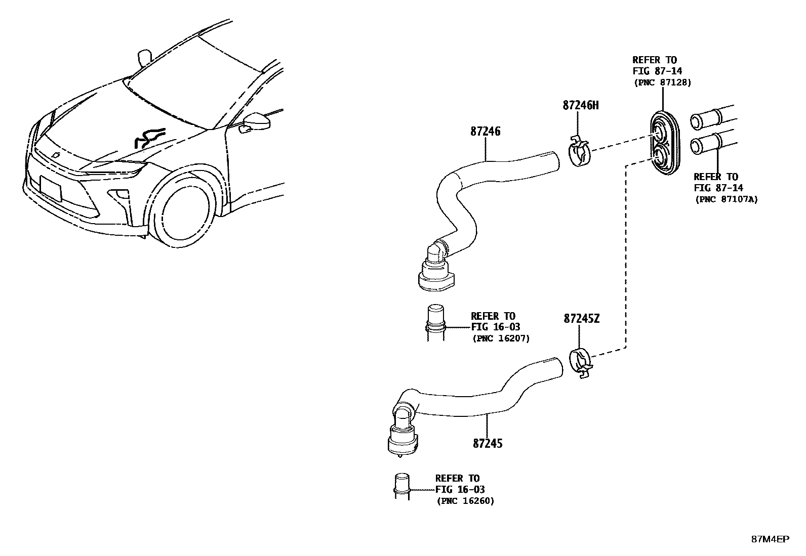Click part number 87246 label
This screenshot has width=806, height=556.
coord(485,132)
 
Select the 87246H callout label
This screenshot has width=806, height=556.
coord(580,105)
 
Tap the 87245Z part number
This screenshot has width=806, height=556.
coord(581,319)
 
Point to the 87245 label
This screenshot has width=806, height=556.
coord(488,443)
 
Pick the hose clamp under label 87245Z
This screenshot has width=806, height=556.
coord(581,363)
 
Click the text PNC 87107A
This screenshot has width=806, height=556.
coord(727,199)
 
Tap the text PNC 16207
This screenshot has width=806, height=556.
coord(501,338)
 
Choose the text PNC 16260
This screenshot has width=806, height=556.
coord(466,501)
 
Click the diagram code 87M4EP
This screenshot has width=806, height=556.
coord(770,539)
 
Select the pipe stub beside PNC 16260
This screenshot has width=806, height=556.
coord(401,486)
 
